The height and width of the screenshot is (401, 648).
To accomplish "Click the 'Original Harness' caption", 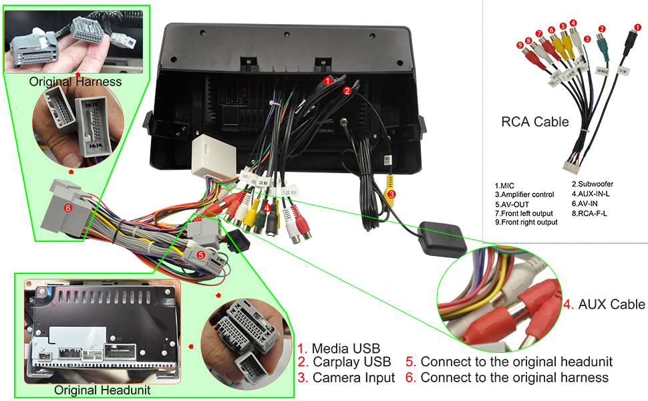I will tap(75, 82).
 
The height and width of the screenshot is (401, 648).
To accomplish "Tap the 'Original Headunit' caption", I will tap(102, 390).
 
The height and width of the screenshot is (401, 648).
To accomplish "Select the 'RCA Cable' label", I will tap(535, 122).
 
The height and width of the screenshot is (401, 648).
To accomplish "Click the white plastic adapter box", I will tap(211, 158).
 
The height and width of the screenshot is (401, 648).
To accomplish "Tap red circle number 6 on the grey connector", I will tap(67, 208).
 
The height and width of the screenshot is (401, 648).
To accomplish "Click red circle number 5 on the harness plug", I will tap(200, 255).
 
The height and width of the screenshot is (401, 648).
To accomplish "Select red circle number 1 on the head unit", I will tap(327, 80).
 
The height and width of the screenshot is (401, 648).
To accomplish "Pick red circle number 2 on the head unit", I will tap(347, 90).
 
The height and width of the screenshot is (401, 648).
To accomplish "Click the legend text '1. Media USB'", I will tap(339, 348).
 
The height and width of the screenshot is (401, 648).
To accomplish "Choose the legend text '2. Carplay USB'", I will tap(344, 363).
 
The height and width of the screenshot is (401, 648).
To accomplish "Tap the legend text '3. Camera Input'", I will tap(346, 378).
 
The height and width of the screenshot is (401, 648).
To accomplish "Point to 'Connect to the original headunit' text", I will tap(509, 362).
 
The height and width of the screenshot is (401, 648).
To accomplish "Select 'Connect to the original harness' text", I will tap(507, 378).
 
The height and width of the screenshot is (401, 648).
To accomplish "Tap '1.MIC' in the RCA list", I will tap(504, 185).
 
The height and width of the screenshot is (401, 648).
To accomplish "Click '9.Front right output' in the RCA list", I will tap(526, 223).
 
